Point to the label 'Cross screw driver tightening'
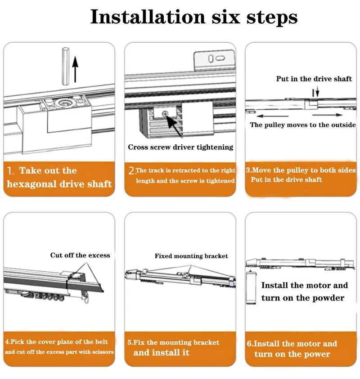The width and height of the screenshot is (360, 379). [x=180, y=147]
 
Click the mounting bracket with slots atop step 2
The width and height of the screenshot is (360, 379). [x=214, y=60]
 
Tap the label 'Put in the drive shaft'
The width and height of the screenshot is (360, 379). [x=314, y=79]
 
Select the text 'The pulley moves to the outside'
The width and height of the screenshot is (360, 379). [x=302, y=125]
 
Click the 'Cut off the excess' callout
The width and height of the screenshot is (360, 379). [x=80, y=255]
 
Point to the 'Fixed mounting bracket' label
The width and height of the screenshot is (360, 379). [x=191, y=256]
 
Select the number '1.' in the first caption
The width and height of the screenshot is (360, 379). [x=11, y=171]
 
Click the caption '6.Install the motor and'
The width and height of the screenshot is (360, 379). [x=292, y=344]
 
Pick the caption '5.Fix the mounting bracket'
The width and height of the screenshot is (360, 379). [x=173, y=343]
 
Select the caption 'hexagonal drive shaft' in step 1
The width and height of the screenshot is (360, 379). [x=59, y=184]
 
